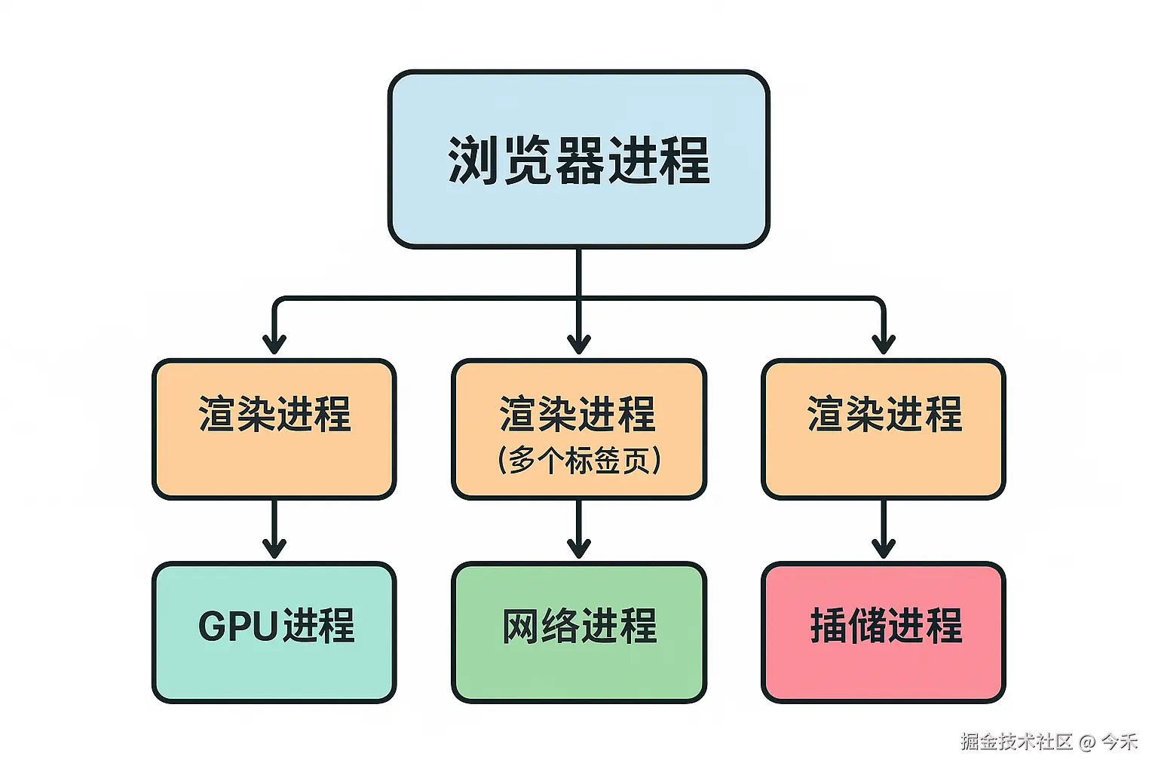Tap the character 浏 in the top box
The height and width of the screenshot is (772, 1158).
(x=473, y=161)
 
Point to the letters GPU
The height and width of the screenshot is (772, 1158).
(x=239, y=626)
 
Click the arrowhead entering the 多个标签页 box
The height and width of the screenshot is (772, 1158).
(x=579, y=344)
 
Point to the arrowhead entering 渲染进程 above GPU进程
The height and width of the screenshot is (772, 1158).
(x=274, y=344)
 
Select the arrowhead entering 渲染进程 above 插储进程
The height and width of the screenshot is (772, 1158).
(x=884, y=344)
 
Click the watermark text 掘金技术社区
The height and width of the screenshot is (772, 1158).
(x=1016, y=742)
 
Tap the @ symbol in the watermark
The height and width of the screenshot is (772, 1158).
(x=1086, y=743)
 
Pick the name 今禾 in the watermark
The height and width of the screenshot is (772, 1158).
(x=1119, y=742)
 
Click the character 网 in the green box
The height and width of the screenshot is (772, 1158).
(x=521, y=626)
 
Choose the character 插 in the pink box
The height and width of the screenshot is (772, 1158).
(x=829, y=626)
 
